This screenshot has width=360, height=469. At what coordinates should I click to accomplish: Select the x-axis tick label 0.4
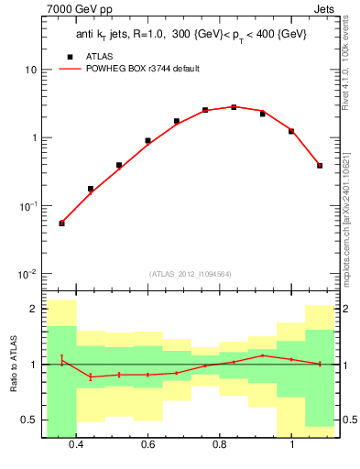pyautogui.click(x=76, y=446)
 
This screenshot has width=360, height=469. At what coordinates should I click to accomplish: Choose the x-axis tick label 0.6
pyautogui.click(x=148, y=446)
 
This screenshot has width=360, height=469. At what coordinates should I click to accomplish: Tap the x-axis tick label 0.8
pyautogui.click(x=220, y=446)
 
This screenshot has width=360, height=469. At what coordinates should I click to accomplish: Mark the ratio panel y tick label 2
pyautogui.click(x=33, y=309)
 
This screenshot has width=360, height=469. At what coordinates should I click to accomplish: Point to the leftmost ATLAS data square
pyautogui.click(x=61, y=223)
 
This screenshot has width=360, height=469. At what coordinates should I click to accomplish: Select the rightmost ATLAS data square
pyautogui.click(x=320, y=166)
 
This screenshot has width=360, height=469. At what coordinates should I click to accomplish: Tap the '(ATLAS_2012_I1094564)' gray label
pyautogui.click(x=190, y=274)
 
